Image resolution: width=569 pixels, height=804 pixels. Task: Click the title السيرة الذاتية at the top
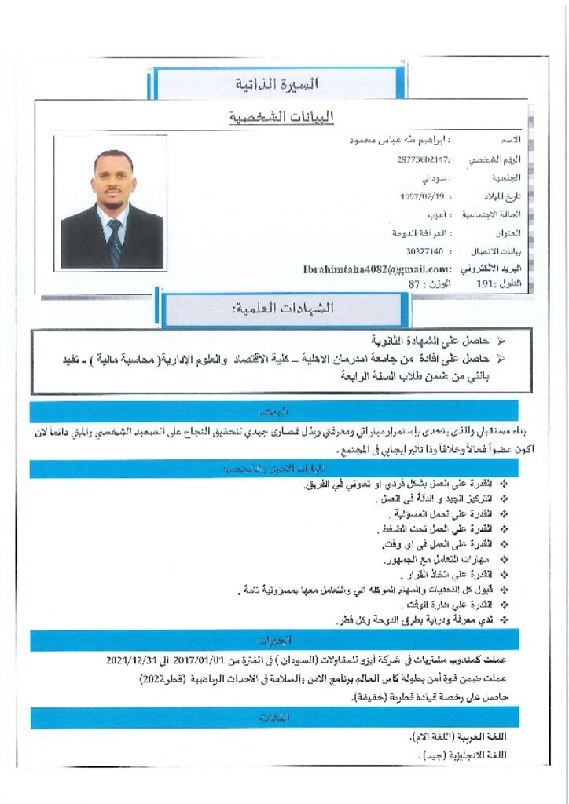coord(277,83)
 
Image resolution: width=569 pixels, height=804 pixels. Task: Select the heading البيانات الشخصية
coord(281,117)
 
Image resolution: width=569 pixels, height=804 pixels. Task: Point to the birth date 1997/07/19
coord(423,196)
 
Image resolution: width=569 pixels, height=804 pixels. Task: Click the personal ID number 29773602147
coord(424,159)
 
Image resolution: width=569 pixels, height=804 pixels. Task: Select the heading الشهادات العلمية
coord(284,309)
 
